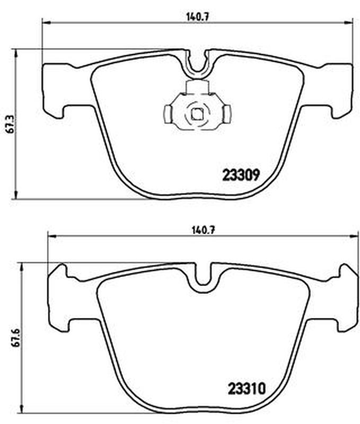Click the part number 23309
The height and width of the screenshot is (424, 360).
241,175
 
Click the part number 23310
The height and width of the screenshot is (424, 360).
247,389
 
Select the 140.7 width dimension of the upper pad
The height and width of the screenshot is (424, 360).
198,17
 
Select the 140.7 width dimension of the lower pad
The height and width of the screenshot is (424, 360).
203,231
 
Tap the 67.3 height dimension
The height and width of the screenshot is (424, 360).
10,123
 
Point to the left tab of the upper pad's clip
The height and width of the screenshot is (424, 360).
168,114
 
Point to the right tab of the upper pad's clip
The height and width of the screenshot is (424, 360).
227,114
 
